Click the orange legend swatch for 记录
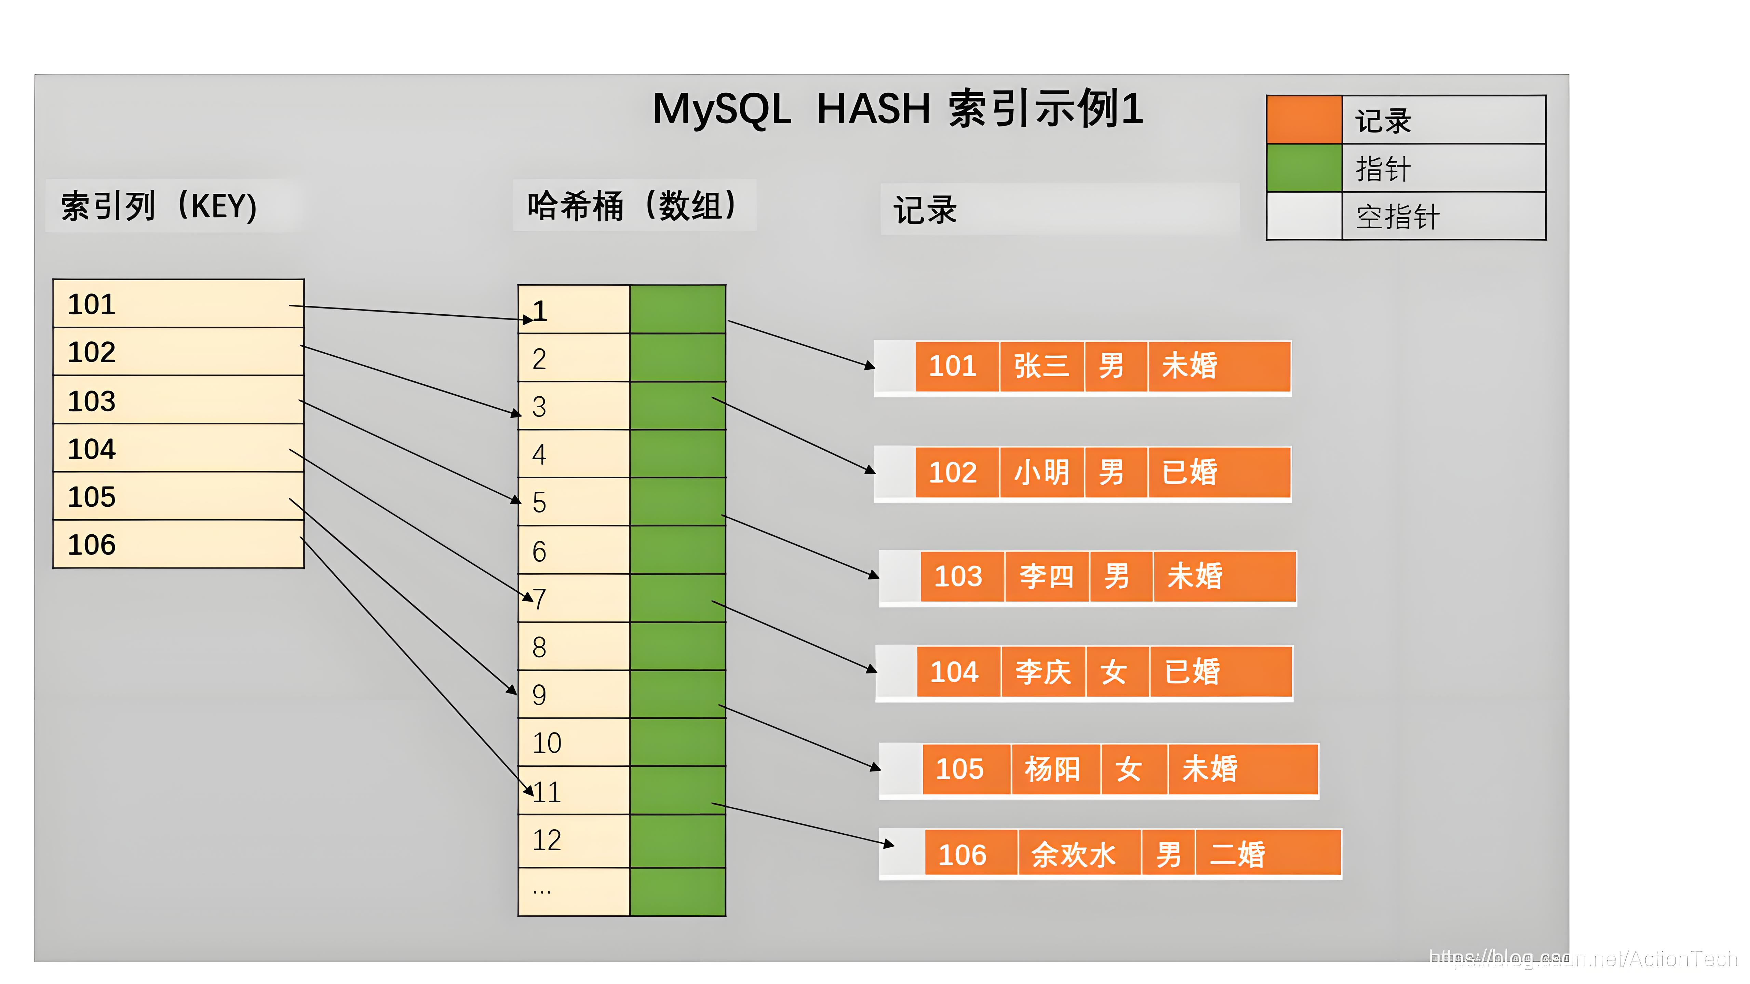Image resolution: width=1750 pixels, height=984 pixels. [x=1304, y=120]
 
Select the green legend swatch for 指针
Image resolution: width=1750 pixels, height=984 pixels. [x=1304, y=168]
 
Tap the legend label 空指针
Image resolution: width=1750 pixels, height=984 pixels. [x=1397, y=217]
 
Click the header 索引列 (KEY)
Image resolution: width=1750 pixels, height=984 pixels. [x=159, y=206]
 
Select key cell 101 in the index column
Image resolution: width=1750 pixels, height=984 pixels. [x=178, y=304]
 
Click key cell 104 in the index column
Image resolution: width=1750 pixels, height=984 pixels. [x=178, y=449]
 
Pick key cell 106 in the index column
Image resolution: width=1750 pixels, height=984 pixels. [x=178, y=545]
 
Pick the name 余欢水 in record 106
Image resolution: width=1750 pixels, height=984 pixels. [x=1073, y=854]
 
